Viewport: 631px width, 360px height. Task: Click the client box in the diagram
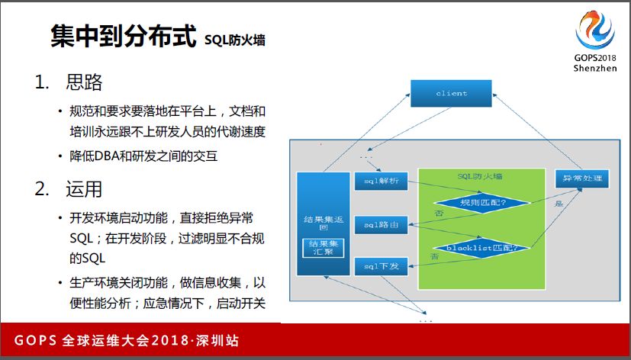pos(451,93)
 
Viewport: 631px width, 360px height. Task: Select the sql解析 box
pos(381,182)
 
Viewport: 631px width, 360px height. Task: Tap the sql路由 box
pos(381,224)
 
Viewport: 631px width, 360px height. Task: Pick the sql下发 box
pos(381,266)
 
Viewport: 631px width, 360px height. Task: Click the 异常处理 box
pos(582,179)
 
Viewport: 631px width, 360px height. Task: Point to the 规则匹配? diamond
pos(481,203)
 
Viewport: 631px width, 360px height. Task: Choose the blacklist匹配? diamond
pos(481,247)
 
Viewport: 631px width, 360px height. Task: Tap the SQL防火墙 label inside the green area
pos(480,177)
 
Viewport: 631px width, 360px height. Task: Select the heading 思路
pos(84,82)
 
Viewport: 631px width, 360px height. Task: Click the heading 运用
pos(84,188)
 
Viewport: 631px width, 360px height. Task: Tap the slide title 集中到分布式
pos(122,37)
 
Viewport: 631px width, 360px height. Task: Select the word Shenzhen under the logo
pos(594,68)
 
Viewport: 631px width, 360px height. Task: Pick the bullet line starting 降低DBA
pos(143,156)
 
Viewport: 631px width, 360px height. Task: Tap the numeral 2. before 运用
pos(43,188)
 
